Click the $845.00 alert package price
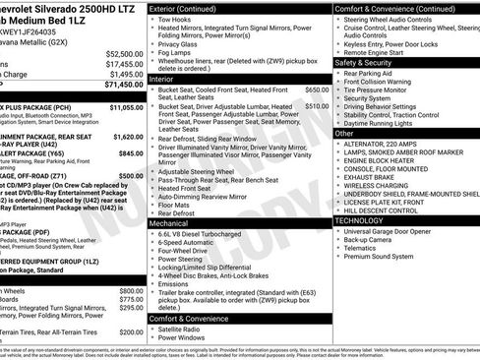pos(132,153)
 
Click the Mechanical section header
pos(169,223)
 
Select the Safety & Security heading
pos(369,62)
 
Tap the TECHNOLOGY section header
pos(367,220)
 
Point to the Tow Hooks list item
pos(175,19)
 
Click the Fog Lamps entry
pos(175,55)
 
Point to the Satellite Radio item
pos(183,329)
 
